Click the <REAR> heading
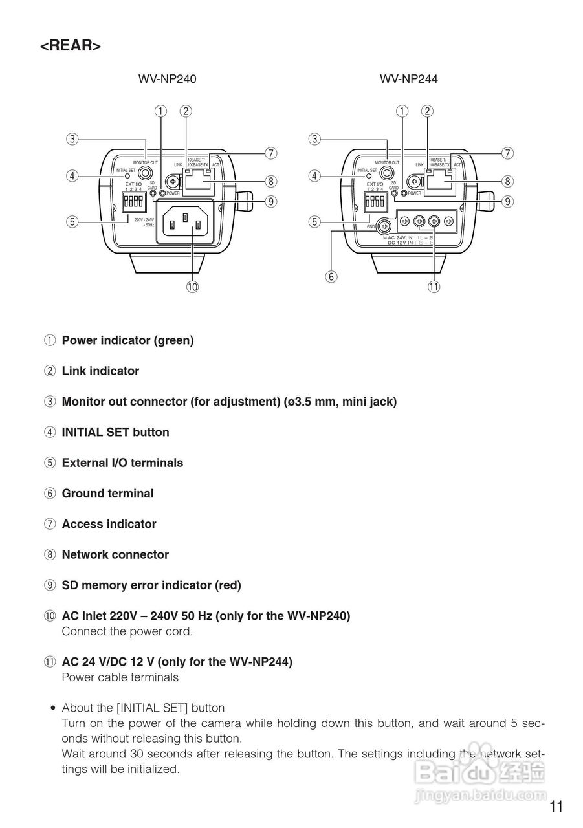point(71,46)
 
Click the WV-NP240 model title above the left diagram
point(167,79)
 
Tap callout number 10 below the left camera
point(192,287)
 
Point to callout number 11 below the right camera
point(434,287)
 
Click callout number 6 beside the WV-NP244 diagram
point(331,277)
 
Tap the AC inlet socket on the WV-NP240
point(186,223)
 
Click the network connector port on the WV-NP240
point(199,182)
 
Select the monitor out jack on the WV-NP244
point(387,173)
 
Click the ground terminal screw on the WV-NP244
point(384,226)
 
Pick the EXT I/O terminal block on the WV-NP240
point(132,200)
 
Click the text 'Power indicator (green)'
point(127,340)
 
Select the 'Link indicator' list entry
point(100,371)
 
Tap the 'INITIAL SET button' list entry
point(115,432)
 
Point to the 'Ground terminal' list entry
point(107,494)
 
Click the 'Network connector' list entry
point(115,555)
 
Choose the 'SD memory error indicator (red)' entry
point(151,585)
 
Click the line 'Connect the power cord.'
point(127,631)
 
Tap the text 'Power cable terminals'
point(120,677)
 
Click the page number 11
point(556,807)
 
